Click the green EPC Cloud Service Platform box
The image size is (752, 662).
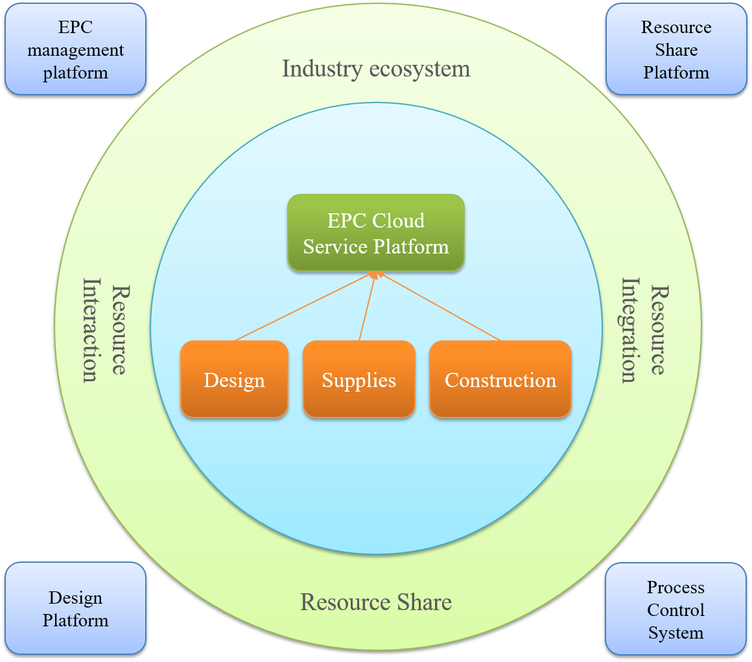click(x=376, y=233)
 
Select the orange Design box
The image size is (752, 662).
click(x=234, y=379)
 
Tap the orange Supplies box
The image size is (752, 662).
click(x=358, y=379)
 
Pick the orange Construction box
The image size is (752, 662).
click(x=500, y=379)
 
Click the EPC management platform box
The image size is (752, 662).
click(x=75, y=49)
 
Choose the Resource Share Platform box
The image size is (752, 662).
click(x=676, y=49)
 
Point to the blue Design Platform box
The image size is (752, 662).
click(x=75, y=608)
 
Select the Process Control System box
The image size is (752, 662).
click(x=676, y=609)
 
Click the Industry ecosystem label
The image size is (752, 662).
click(x=376, y=69)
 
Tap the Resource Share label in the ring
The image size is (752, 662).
click(x=376, y=602)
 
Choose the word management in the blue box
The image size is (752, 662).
click(x=75, y=50)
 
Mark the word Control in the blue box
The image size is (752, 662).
click(x=676, y=610)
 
